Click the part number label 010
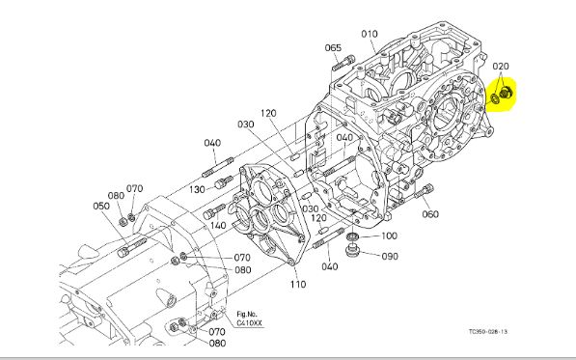tap(370, 34)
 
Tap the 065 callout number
tap(333, 47)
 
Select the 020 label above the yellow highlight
tap(501, 67)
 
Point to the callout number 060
tap(430, 214)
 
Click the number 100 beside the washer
tap(389, 235)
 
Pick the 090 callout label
tap(390, 256)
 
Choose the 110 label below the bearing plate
tap(297, 284)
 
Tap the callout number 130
tap(197, 189)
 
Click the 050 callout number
tap(101, 206)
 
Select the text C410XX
tap(250, 323)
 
